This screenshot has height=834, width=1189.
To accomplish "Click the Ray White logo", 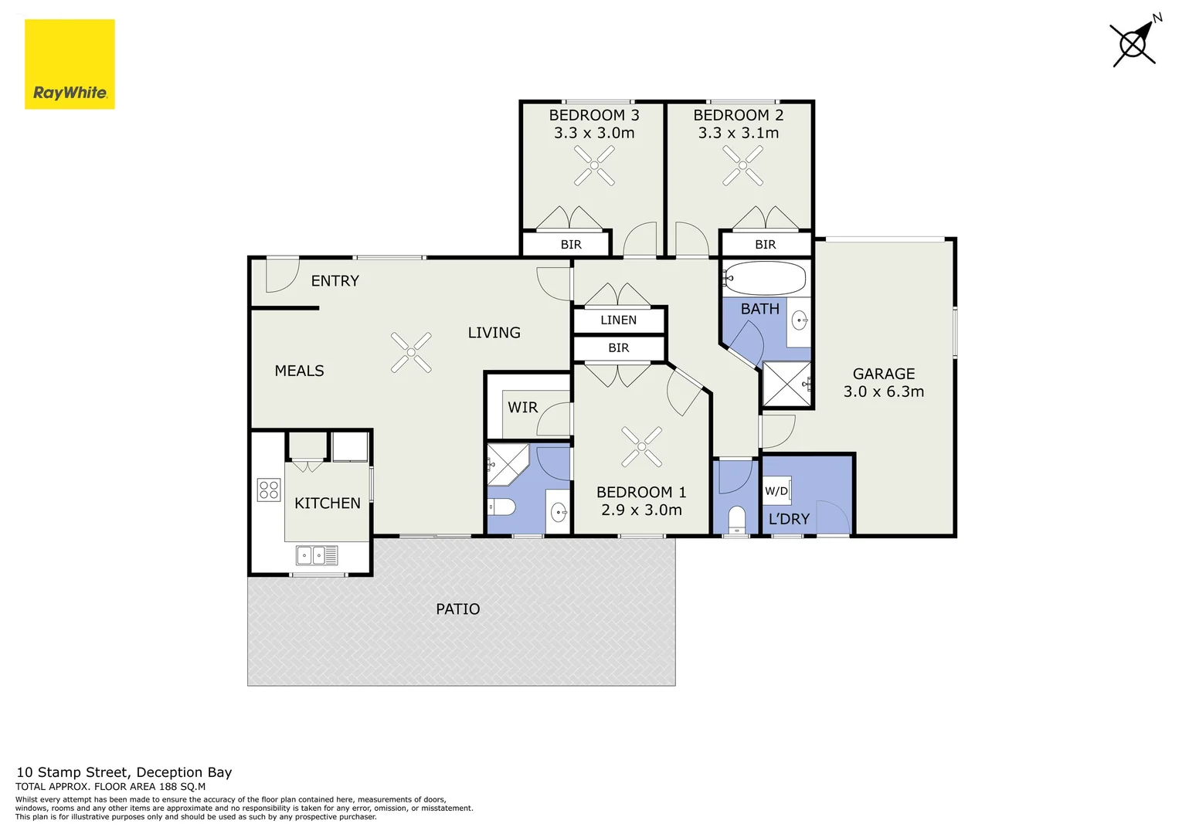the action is (70, 64).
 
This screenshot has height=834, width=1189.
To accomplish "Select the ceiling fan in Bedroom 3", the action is (594, 165).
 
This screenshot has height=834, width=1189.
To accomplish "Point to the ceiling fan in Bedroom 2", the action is (742, 165).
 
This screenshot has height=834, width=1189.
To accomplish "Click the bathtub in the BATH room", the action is (765, 279).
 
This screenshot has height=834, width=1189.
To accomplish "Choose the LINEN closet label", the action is (618, 320).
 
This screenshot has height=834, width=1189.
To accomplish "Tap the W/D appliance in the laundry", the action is (776, 490).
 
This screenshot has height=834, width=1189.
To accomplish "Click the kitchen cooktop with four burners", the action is (269, 490).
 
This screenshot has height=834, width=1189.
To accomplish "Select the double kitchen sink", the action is (317, 555).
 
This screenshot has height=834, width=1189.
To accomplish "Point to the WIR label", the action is (523, 408).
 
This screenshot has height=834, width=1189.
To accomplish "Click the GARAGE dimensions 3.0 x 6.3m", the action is (884, 392).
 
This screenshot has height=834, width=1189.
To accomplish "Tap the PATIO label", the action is (458, 609).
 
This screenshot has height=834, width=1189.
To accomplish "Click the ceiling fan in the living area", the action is (411, 352).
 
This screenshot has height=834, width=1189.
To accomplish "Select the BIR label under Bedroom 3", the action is (571, 245).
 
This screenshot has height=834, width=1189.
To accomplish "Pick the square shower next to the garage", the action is (786, 384).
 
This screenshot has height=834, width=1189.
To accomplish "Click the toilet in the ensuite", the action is (501, 507).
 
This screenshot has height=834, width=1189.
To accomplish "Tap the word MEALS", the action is (299, 371).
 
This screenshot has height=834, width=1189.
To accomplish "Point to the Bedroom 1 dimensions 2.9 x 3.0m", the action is (641, 510).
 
